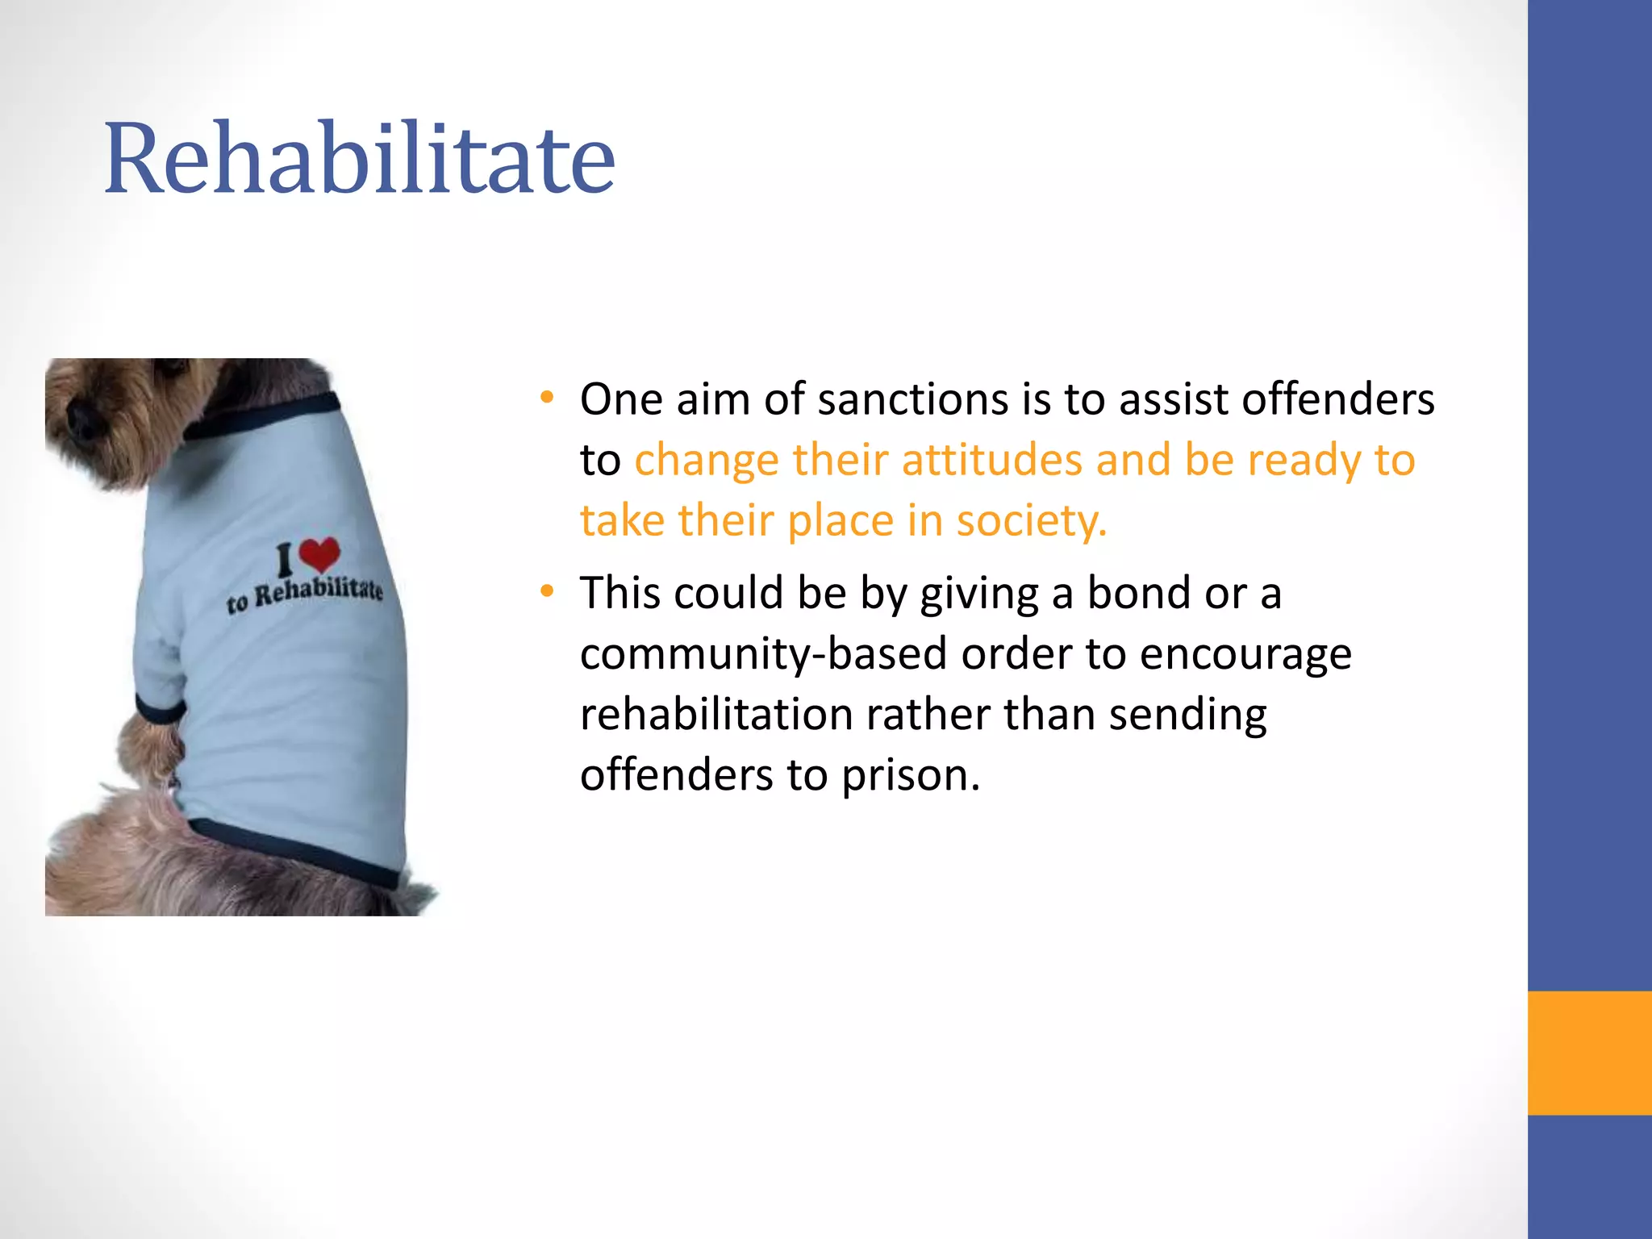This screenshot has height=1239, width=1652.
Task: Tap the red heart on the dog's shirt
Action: pos(319,553)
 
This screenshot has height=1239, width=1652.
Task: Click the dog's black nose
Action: pos(81,418)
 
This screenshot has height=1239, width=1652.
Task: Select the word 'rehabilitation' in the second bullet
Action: pos(716,714)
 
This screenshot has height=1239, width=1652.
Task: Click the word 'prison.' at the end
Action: pos(911,774)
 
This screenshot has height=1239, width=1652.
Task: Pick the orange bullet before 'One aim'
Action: pos(548,398)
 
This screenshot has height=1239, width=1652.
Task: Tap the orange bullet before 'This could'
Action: pos(548,591)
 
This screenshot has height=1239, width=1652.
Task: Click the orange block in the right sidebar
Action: pos(1589,1053)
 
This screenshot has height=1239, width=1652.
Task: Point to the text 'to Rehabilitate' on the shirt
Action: pos(305,594)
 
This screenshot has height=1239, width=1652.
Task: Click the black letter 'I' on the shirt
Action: pos(284,559)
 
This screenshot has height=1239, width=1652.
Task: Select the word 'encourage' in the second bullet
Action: pos(1245,653)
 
